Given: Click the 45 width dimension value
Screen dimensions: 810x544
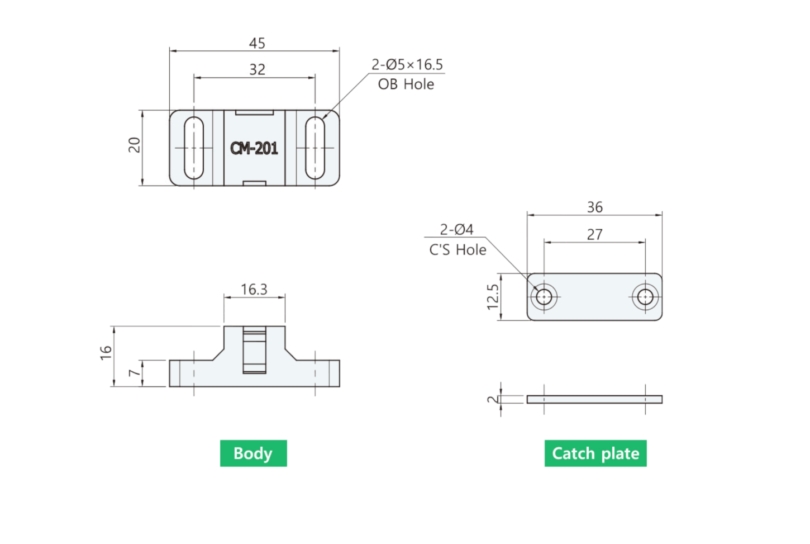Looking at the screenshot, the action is coord(257,43).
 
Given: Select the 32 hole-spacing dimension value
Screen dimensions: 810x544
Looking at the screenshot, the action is coord(257,69).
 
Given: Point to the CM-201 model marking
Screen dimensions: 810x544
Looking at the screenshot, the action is coord(254,148).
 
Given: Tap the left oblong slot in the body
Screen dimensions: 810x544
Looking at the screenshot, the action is coord(194,148).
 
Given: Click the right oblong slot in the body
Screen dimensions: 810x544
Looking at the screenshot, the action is coord(315,148).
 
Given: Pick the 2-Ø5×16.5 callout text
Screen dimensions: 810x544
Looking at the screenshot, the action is coord(407,64).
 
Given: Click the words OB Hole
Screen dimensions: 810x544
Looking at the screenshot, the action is coord(406,84).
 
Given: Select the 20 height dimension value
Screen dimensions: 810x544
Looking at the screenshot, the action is coord(135,145).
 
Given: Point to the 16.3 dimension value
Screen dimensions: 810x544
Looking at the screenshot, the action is coord(254,289).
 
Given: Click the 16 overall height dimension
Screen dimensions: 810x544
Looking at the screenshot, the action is coord(106,353).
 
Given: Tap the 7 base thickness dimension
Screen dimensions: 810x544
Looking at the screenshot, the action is coord(135,372).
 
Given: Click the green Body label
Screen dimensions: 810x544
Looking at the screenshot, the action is coord(254,453).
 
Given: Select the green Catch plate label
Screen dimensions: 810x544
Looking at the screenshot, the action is coord(595,453).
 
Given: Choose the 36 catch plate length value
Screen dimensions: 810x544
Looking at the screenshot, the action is coord(595,207).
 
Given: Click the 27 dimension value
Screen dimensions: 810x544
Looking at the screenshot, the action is coord(595,234).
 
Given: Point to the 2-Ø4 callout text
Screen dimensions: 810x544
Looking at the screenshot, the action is coord(456,229).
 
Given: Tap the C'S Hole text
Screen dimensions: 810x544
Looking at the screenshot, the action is coord(458,250).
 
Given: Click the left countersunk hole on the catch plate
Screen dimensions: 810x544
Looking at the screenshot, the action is coord(544,297).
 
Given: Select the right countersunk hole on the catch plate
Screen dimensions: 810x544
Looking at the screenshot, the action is coord(645,297).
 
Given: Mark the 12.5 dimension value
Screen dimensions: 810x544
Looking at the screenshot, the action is coord(493,297).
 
